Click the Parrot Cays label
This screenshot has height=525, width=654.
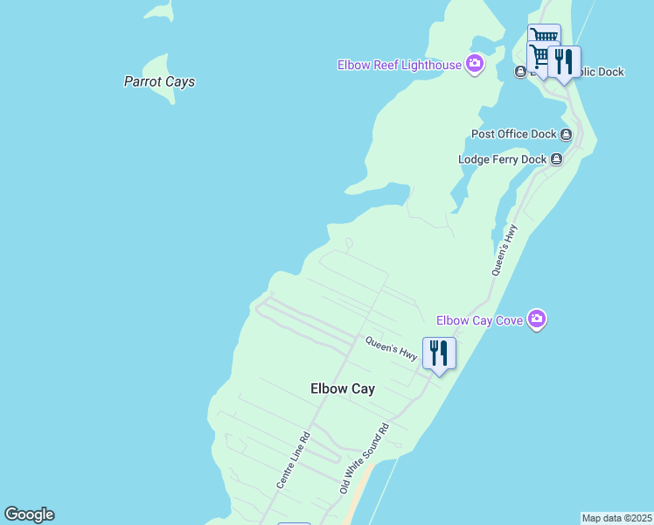(159, 81)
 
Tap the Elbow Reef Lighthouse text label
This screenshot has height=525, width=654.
(400, 64)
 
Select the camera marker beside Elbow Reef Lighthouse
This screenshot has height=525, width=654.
(475, 63)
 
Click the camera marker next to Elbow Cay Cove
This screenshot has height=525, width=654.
(537, 319)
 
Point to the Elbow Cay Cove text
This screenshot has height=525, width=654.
(479, 320)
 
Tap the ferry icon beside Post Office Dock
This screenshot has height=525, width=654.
(567, 134)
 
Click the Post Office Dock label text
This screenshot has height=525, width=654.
(513, 134)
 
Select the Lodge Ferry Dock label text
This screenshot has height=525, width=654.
(502, 159)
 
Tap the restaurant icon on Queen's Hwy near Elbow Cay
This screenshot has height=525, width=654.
(439, 353)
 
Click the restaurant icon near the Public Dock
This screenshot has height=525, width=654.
(564, 61)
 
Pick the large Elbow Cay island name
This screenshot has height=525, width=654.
(343, 388)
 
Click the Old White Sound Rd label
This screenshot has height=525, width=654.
(364, 460)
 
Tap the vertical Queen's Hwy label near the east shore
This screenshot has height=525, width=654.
(505, 250)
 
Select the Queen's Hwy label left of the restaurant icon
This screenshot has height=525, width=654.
(391, 347)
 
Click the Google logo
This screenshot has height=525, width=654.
(29, 514)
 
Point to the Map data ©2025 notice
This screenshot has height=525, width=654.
(616, 518)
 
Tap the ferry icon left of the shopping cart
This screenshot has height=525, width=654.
(520, 72)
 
